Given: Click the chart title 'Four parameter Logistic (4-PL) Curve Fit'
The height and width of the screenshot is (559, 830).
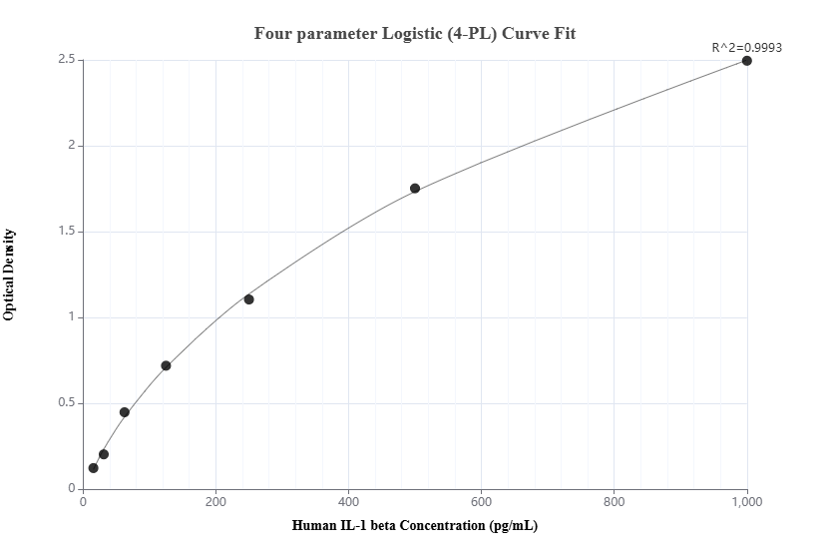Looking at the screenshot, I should click(415, 33).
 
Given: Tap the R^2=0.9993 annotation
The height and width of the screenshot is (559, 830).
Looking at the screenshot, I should click(746, 47).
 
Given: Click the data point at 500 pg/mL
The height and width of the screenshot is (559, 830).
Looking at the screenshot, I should click(415, 189).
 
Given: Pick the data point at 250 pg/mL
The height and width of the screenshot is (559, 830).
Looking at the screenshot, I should click(249, 299).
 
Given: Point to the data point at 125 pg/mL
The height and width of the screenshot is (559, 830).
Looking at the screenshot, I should click(166, 365).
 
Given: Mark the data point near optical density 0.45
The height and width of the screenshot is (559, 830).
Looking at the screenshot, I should click(125, 412).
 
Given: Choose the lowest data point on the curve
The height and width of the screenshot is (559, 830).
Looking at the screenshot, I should click(94, 468).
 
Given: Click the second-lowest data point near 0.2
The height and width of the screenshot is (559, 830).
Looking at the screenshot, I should click(104, 454).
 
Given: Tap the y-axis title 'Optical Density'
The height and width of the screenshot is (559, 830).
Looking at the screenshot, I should click(10, 275).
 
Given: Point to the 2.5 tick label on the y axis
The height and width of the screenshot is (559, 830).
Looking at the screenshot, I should click(67, 60).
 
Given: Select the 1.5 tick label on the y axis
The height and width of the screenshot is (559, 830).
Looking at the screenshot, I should click(67, 232).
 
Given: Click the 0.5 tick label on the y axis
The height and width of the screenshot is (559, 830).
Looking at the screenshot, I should click(67, 403).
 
